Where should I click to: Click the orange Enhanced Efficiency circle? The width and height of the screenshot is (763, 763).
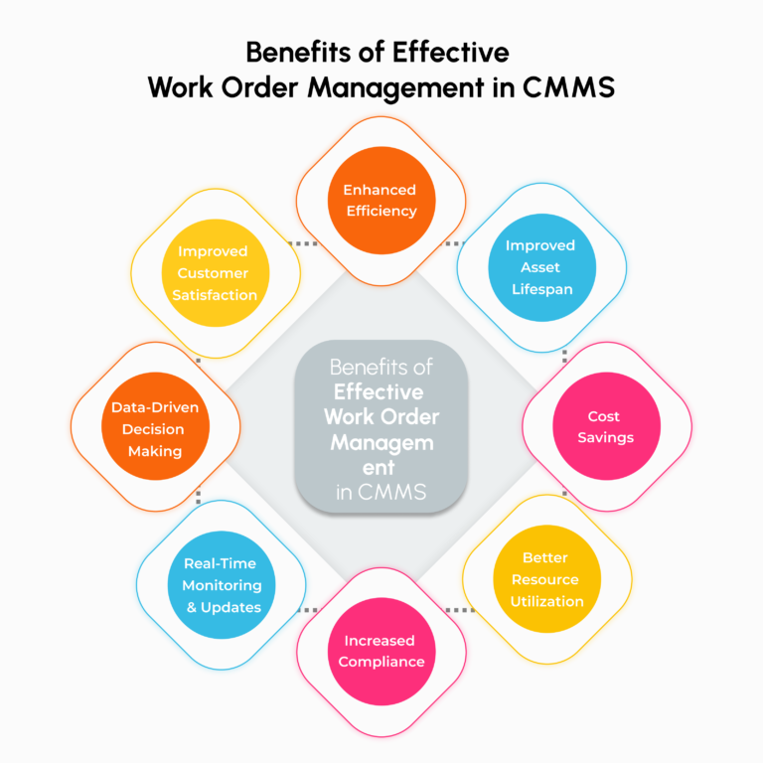point(381,200)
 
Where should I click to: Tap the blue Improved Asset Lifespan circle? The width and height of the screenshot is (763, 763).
point(541,266)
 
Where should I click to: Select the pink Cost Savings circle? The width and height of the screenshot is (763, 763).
point(606,426)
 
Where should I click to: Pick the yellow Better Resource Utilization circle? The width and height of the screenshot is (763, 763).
point(546,579)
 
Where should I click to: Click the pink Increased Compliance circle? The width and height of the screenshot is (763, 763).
point(381,651)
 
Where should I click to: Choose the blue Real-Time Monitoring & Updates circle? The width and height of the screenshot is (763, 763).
point(222,584)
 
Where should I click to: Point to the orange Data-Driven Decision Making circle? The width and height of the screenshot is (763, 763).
point(155,428)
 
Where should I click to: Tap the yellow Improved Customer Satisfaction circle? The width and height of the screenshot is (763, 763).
point(215,272)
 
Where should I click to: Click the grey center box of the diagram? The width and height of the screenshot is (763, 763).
point(381,427)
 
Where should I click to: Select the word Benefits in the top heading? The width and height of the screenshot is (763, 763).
point(297,51)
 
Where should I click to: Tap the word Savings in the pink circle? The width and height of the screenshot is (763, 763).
point(606,437)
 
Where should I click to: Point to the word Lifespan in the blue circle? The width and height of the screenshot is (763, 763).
point(540,288)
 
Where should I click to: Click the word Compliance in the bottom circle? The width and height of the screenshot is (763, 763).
point(381,662)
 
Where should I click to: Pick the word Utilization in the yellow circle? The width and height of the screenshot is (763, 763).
point(546,601)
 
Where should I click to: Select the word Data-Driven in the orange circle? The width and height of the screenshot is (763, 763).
point(155,407)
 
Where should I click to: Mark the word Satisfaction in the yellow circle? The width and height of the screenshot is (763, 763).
point(215,294)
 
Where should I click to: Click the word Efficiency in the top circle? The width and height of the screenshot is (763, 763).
point(381,211)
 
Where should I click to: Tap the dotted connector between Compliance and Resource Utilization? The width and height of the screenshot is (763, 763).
point(459,609)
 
